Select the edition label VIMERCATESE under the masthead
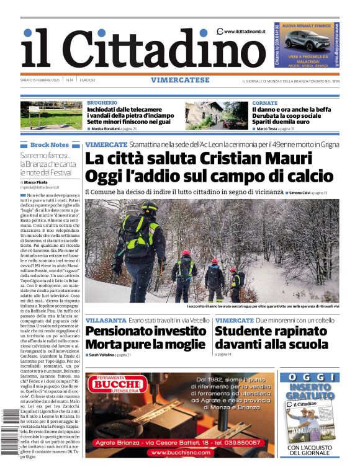click(179, 80)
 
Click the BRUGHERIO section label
click(102, 102)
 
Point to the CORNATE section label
click(265, 102)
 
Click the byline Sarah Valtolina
click(103, 355)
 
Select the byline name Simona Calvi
click(299, 193)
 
